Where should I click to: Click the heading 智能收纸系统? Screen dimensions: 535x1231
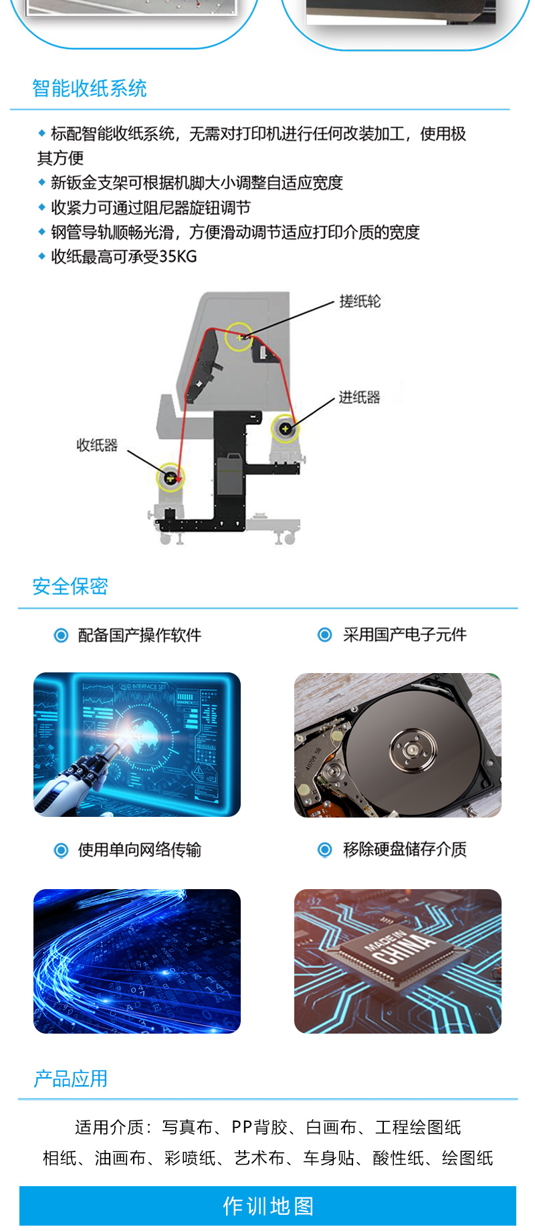(90, 88)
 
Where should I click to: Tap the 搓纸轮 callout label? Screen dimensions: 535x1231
(360, 301)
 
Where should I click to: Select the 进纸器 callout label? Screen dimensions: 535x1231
(359, 397)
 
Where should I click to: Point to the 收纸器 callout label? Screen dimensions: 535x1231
(97, 445)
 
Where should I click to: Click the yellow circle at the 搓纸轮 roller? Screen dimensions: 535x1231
(239, 337)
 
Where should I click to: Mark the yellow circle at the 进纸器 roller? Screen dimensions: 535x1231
(286, 428)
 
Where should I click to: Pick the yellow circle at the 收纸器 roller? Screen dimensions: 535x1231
(170, 477)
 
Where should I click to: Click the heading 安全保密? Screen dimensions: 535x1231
(70, 586)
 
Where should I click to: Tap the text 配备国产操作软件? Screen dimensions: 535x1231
(139, 635)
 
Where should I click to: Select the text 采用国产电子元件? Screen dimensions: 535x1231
(405, 634)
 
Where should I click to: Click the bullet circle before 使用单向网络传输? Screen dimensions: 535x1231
(61, 850)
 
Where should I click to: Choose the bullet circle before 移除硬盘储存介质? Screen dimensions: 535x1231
(325, 850)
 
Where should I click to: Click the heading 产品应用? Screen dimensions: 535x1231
(70, 1078)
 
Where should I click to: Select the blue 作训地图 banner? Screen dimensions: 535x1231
(267, 1206)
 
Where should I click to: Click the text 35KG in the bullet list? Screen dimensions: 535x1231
(178, 257)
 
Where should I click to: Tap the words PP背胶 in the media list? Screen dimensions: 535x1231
(260, 1127)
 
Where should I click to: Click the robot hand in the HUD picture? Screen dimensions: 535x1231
(74, 783)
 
